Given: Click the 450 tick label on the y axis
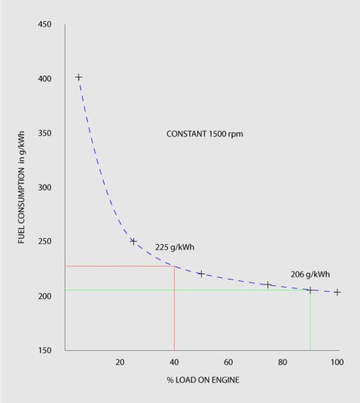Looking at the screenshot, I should [45, 25].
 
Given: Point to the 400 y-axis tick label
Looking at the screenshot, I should [45, 79].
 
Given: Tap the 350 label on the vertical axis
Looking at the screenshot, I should [45, 133].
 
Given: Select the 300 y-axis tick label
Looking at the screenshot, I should [45, 188].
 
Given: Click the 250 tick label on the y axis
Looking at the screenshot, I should [45, 242].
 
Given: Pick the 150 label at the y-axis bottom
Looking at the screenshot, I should [45, 350].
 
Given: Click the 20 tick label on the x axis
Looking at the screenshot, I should [119, 362].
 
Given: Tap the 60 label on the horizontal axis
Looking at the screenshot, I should [228, 362].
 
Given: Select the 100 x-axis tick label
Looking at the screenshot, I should [337, 362].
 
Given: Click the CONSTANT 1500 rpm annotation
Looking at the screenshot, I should [205, 134].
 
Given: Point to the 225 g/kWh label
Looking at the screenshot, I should [175, 247].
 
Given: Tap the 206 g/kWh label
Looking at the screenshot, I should [310, 274].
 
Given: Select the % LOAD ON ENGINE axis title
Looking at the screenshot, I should [203, 380].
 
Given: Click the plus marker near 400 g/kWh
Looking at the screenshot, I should [78, 77].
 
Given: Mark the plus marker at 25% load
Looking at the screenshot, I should [133, 242].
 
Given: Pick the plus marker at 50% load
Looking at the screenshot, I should [201, 274].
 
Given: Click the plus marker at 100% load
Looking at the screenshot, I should [337, 293].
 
